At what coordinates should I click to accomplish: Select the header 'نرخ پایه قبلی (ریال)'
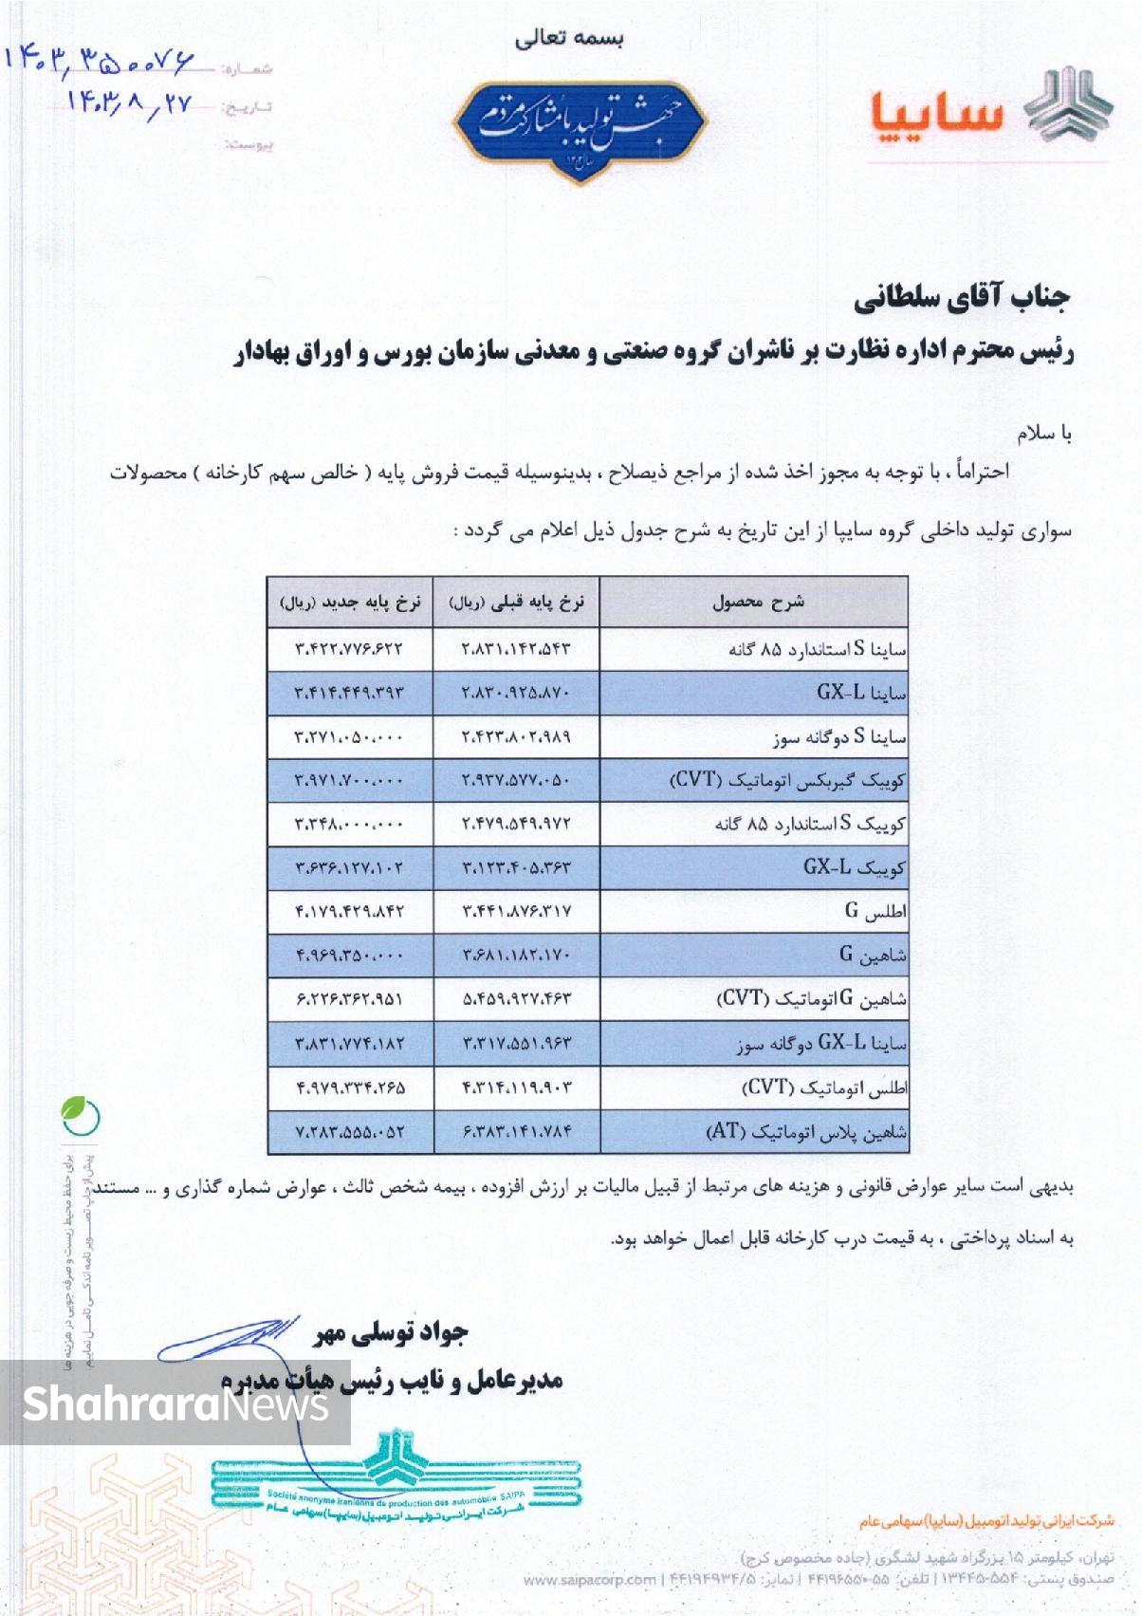pos(517,602)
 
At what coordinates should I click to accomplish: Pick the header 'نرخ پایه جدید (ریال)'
pos(349,602)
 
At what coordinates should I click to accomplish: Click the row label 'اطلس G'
pos(875,912)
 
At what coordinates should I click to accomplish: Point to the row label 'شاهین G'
pos(873,956)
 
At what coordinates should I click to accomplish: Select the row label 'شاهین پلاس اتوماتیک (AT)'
pos(806,1132)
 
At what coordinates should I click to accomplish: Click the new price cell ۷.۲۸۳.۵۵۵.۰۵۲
pos(349,1132)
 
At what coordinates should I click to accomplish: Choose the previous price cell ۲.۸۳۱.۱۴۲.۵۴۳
pos(517,650)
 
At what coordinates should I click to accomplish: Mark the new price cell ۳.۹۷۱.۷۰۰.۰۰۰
pos(349,781)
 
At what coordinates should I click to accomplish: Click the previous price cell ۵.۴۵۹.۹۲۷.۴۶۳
pos(517,999)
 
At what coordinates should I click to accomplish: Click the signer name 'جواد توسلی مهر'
pos(391,1333)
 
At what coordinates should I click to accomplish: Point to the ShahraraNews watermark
pos(175,1402)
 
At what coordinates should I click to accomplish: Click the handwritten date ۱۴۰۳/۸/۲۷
pos(129,102)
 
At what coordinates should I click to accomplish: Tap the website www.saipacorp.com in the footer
pos(589,1580)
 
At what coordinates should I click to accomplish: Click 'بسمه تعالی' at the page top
pos(569,39)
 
